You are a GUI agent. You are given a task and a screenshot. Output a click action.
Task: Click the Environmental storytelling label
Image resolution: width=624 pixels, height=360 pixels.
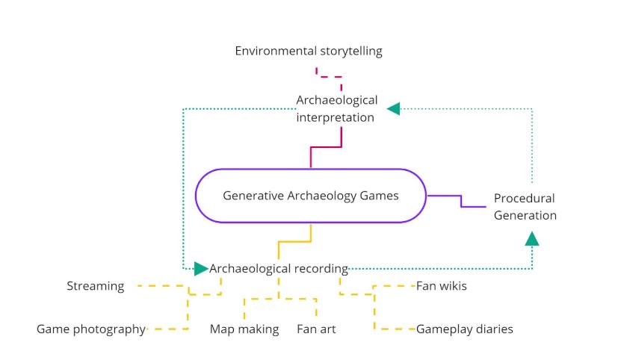point(309,52)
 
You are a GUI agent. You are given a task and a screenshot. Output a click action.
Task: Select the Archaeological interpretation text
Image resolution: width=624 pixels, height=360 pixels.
point(336,108)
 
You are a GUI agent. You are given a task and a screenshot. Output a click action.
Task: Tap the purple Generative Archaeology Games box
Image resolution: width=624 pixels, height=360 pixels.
point(310,196)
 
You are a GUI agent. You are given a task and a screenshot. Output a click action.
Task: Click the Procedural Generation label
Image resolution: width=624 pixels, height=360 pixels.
point(525,207)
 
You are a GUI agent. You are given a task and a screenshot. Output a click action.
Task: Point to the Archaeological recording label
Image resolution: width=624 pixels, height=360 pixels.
point(279,268)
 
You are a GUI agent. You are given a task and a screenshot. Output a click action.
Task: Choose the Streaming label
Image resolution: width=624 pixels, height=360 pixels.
point(95,286)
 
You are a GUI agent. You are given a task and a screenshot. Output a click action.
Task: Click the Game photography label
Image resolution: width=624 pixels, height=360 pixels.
point(90,329)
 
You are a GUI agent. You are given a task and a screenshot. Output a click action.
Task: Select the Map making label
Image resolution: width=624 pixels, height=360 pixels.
point(244,329)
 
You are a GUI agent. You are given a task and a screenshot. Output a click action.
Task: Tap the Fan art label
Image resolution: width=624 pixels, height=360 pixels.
point(316,329)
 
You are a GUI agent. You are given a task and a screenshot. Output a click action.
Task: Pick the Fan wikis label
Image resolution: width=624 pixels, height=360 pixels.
point(441,286)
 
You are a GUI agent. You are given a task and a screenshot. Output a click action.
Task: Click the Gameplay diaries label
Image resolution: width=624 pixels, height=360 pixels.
point(464,329)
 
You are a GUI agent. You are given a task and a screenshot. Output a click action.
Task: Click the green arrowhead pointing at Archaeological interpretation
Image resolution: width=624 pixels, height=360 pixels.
point(393,109)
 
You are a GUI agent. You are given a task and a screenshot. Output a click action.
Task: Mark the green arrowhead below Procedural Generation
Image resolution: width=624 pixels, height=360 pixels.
point(532,239)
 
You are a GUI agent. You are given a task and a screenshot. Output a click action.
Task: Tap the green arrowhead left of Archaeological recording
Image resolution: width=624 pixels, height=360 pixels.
point(201,268)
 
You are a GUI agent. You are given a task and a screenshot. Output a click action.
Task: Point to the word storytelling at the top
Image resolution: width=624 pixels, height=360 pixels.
point(347,52)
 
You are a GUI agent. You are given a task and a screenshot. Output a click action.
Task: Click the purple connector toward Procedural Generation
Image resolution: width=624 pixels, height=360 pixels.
point(460,200)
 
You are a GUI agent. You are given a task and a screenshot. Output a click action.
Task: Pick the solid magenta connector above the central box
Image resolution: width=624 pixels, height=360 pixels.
point(327,147)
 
